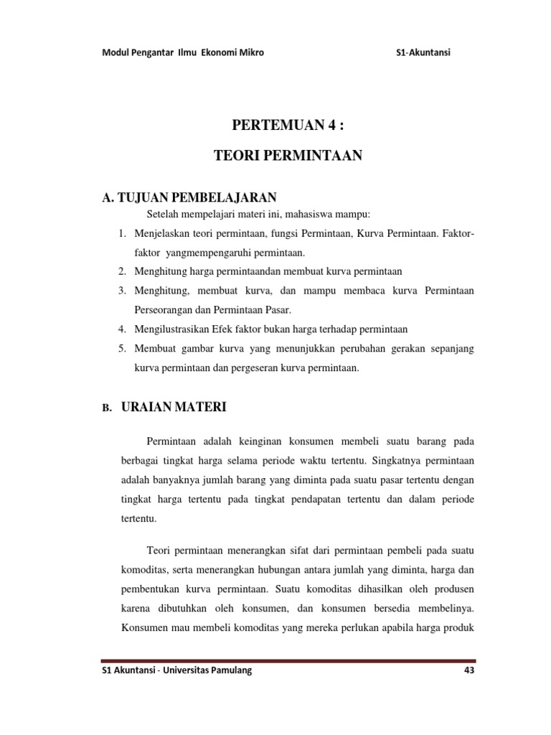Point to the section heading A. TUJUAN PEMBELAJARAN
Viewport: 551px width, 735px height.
[190, 197]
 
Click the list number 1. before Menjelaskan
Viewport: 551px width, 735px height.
[122, 234]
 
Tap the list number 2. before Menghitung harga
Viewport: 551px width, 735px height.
[122, 271]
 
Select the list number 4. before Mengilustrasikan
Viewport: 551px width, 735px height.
[122, 329]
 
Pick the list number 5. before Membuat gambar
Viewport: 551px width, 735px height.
[122, 348]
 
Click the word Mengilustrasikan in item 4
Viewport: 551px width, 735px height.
[175, 329]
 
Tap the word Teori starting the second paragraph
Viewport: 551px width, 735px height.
[160, 550]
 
